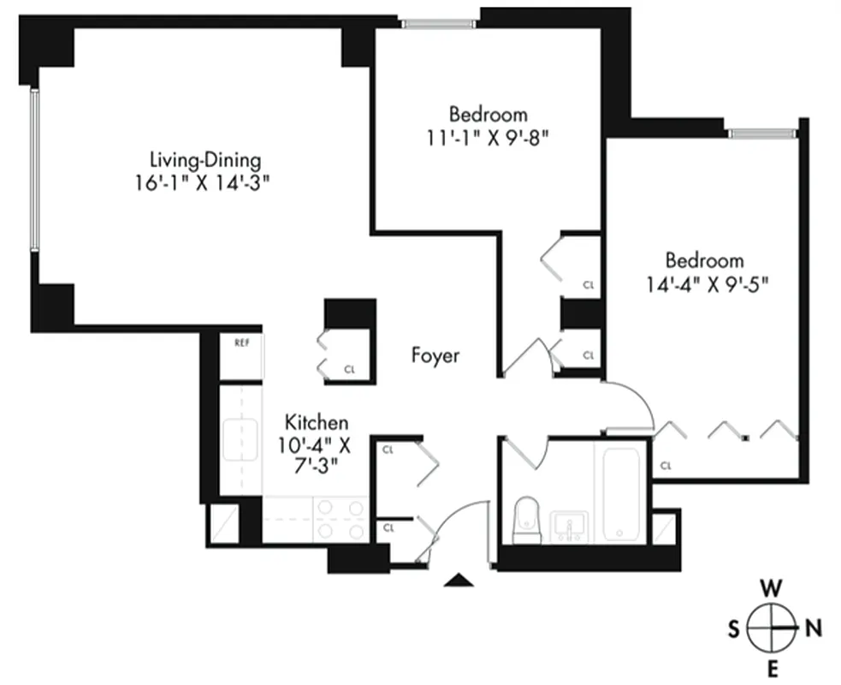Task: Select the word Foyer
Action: coord(435,355)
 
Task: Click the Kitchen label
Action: coord(317,422)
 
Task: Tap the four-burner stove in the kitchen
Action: coord(340,519)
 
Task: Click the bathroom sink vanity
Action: coord(569,524)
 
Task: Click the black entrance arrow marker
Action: coord(459,581)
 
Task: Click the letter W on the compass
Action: coord(771,589)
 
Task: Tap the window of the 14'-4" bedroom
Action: coord(762,133)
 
